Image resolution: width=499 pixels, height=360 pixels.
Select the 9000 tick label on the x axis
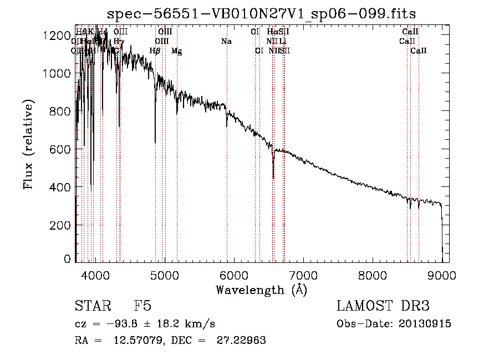tap(442, 275)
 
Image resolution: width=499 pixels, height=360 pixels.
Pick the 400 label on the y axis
tap(62, 187)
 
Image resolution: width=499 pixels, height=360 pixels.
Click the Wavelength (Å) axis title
tap(261, 290)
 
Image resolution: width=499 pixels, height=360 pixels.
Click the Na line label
tap(226, 42)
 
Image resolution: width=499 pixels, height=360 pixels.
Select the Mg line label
tap(176, 51)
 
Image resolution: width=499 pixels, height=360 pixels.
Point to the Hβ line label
tap(155, 51)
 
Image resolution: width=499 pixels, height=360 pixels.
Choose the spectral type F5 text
tap(142, 307)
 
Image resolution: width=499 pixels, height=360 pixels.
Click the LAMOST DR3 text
tap(383, 307)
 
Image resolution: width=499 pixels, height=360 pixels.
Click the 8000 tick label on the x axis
tap(373, 275)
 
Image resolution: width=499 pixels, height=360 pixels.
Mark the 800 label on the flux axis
tap(62, 111)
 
